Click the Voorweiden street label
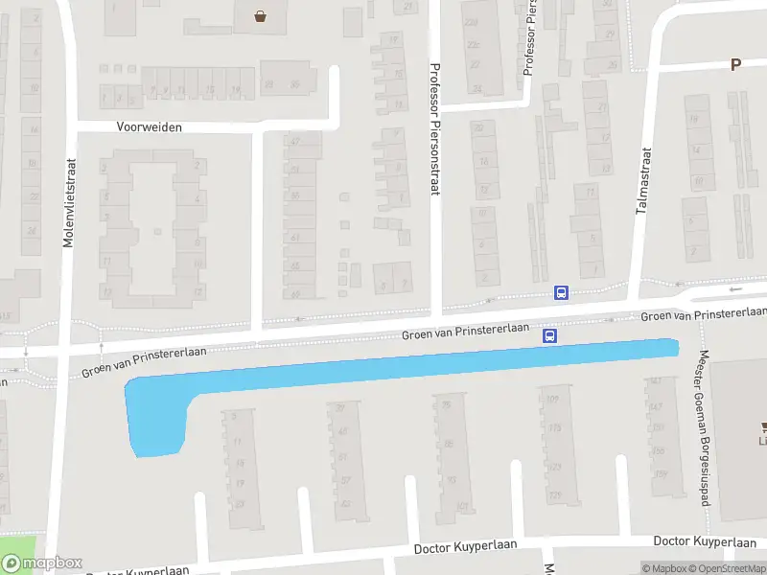click(149, 126)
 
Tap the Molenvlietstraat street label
click(68, 203)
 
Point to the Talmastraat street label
click(643, 180)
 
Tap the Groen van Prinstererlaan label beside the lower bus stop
click(466, 331)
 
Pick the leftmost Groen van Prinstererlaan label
click(145, 361)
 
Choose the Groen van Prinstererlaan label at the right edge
click(704, 314)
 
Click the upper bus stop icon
click(561, 292)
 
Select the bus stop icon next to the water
click(550, 335)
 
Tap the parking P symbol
click(735, 65)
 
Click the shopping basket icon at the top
click(261, 15)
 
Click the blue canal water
click(403, 369)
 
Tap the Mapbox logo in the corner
click(42, 563)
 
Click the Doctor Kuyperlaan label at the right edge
click(709, 541)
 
